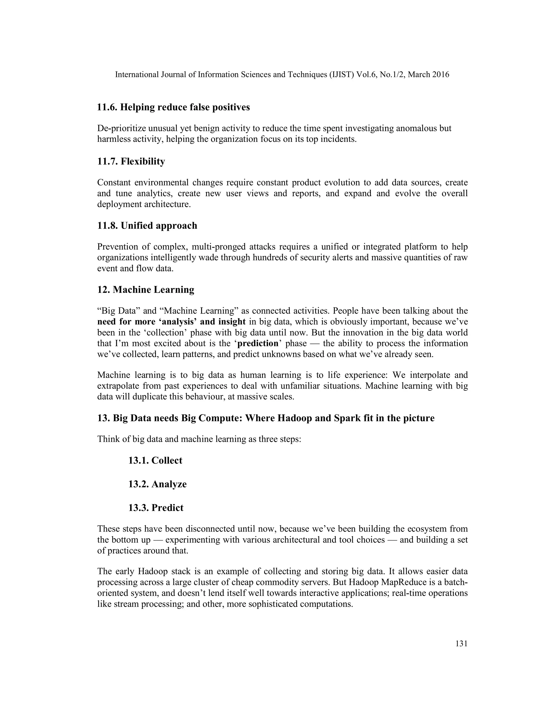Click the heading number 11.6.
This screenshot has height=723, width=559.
pyautogui.click(x=107, y=107)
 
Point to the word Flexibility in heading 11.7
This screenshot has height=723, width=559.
pyautogui.click(x=143, y=162)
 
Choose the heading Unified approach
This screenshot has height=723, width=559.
pyautogui.click(x=159, y=226)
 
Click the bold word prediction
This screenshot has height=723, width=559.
pyautogui.click(x=258, y=343)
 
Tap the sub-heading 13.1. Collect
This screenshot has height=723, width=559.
pyautogui.click(x=155, y=461)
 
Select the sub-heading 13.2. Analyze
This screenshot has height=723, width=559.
pyautogui.click(x=158, y=484)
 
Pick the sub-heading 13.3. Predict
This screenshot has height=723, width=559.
pyautogui.click(x=156, y=508)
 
